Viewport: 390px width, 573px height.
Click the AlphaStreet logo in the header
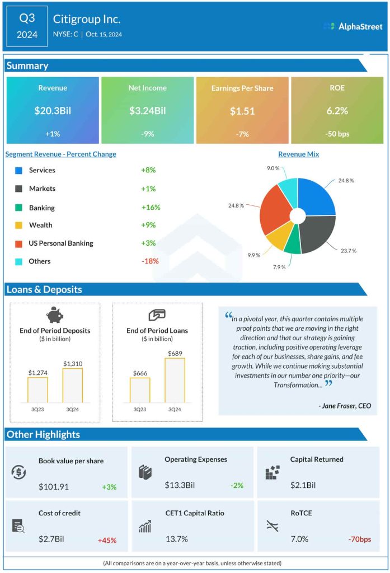click(x=353, y=26)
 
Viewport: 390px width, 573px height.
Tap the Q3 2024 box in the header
click(x=27, y=26)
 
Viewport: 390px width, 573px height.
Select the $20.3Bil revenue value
click(x=52, y=111)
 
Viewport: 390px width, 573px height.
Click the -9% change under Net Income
click(x=147, y=134)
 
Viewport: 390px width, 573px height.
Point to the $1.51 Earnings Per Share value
click(x=242, y=111)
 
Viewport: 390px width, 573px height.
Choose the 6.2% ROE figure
click(x=337, y=111)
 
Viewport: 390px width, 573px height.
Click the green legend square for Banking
click(x=18, y=208)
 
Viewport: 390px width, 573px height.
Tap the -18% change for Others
click(x=150, y=261)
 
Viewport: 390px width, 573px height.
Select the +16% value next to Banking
click(x=151, y=208)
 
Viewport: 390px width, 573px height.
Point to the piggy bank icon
click(x=55, y=315)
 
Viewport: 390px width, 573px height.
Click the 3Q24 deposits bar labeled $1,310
click(x=72, y=385)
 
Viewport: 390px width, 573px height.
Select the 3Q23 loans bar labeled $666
click(x=140, y=389)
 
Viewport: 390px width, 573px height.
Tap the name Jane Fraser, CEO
click(x=344, y=406)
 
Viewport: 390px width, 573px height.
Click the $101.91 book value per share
click(x=54, y=486)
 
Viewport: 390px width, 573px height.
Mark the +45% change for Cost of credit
click(x=107, y=540)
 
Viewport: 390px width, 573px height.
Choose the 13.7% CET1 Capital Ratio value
click(x=176, y=539)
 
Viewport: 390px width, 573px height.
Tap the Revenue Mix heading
click(x=298, y=154)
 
